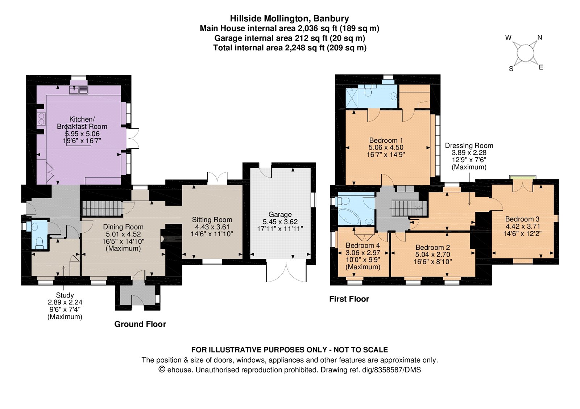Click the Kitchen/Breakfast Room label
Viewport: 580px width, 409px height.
point(82,123)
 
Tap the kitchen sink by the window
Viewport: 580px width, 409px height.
point(79,90)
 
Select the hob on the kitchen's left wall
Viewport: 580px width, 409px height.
point(41,119)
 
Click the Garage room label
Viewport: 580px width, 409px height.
point(280,214)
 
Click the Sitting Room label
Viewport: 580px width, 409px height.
point(212,220)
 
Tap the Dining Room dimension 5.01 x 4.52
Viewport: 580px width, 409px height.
point(123,234)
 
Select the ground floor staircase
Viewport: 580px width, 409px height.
point(102,208)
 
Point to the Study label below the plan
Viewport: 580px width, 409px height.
point(65,295)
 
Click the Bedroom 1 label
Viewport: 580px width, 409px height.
point(386,140)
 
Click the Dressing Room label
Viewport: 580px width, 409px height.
point(469,146)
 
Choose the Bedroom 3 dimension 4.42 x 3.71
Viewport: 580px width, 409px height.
point(522,226)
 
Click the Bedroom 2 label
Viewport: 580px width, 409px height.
point(433,248)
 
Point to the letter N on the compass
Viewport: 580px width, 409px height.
point(540,38)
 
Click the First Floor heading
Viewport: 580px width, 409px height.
point(349,299)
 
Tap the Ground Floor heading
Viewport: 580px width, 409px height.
point(140,324)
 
